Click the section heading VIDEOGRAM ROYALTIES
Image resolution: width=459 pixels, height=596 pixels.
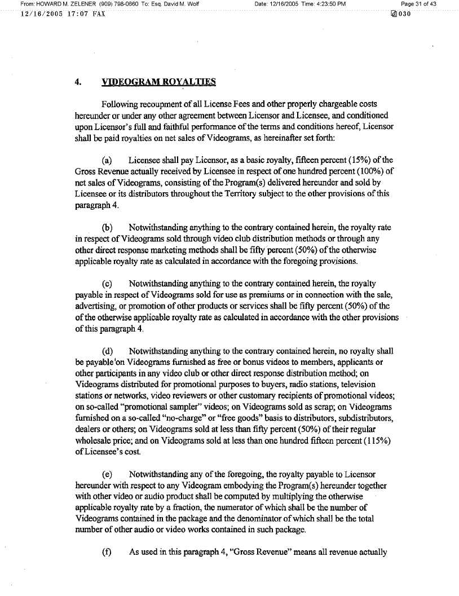pos(158,82)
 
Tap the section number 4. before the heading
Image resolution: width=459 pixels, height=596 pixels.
pos(78,82)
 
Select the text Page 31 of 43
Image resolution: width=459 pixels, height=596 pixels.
pos(419,5)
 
